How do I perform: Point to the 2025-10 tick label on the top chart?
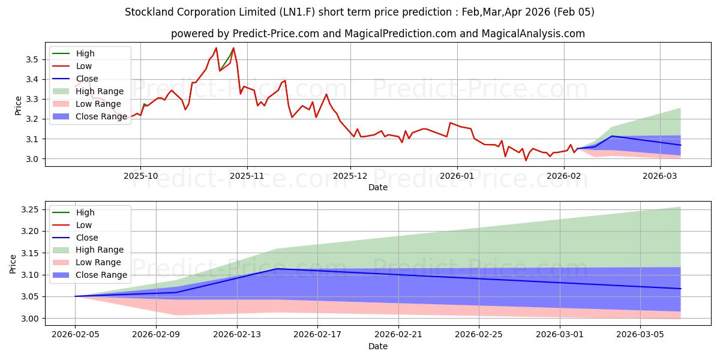point(140,176)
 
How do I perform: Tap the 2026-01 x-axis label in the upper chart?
point(457,176)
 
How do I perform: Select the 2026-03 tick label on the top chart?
point(659,176)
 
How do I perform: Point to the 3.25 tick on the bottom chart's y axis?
point(29,209)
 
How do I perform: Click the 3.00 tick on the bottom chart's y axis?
point(29,319)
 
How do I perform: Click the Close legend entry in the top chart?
point(87,79)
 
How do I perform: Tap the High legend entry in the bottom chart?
point(85,212)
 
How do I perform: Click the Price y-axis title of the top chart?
point(18,105)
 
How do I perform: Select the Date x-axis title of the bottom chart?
point(378,346)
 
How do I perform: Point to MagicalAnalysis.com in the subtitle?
point(527,34)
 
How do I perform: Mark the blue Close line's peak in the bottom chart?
point(277,269)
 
